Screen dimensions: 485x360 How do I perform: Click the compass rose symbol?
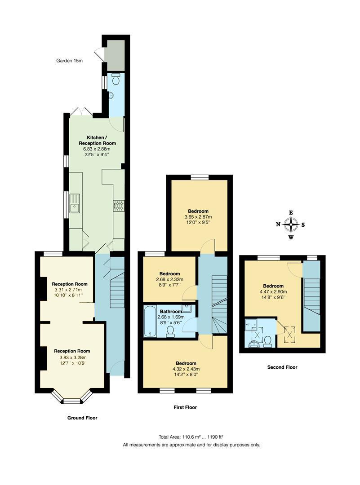[291, 225]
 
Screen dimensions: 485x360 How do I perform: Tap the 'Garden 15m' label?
[70, 60]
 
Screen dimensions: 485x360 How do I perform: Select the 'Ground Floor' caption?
[82, 418]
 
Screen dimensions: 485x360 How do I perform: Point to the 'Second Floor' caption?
[282, 367]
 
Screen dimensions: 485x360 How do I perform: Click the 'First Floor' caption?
[185, 407]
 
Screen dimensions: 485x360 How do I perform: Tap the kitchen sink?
[74, 207]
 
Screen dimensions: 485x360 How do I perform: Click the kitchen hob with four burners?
[119, 206]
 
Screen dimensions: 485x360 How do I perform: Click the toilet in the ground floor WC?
[116, 80]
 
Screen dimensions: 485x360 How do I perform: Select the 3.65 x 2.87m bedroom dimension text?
[198, 216]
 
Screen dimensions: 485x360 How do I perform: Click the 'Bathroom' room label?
[170, 311]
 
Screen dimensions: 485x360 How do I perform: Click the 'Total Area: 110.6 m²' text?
[191, 436]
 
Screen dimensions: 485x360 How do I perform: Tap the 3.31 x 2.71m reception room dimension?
[69, 290]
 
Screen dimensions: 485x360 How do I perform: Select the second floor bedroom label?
[273, 286]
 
